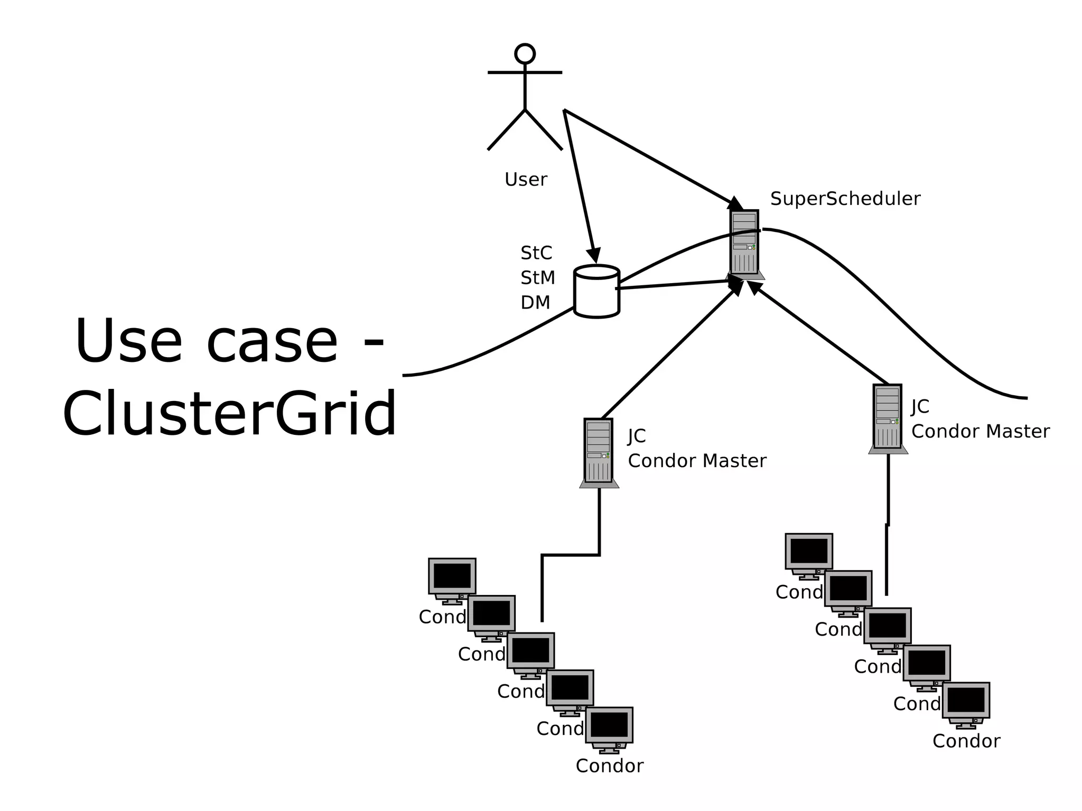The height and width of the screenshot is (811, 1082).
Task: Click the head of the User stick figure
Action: [x=525, y=54]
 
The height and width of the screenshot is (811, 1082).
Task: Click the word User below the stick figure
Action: [x=526, y=180]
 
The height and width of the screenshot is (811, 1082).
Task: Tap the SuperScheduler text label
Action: [x=845, y=199]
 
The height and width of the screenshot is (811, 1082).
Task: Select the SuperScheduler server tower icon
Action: [x=744, y=243]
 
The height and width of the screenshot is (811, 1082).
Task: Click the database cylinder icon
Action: [x=596, y=292]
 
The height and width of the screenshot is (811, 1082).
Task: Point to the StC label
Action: [x=536, y=253]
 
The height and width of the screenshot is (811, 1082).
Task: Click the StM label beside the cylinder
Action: [x=537, y=277]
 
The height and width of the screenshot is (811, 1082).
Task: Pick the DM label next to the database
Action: [x=535, y=302]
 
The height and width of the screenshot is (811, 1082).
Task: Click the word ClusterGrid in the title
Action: [x=229, y=413]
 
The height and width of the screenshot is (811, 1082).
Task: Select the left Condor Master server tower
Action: [x=599, y=452]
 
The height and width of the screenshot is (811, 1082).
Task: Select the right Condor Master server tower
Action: [x=888, y=417]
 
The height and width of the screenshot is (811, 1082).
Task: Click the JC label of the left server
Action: [x=637, y=436]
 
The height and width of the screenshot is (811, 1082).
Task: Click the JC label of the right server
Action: [x=920, y=406]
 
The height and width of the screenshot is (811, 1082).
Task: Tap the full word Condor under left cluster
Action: [x=609, y=766]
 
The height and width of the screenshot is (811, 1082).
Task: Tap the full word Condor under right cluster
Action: [x=966, y=741]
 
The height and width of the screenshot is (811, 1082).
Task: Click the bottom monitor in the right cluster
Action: [x=966, y=702]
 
